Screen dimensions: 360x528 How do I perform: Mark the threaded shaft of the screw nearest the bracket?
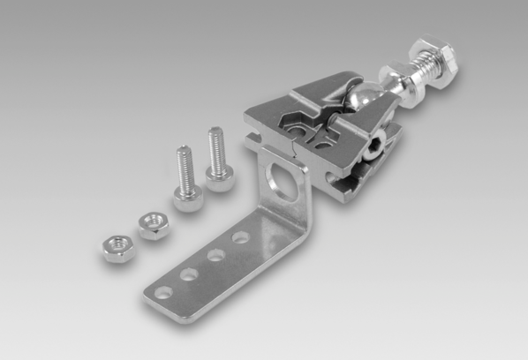[x=214, y=146]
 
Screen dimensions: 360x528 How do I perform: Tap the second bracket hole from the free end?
[x=187, y=274]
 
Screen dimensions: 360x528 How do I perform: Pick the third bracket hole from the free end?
[x=213, y=255]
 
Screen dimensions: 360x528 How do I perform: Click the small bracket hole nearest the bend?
[x=238, y=237]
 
